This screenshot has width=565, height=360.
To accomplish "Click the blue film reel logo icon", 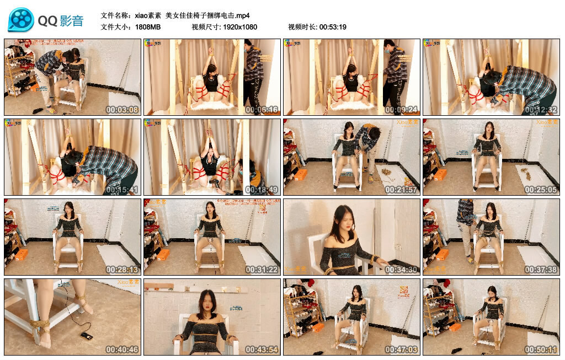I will click(x=20, y=20).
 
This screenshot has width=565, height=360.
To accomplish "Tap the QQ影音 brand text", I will click(x=61, y=21).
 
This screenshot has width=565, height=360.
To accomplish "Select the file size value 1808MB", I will click(x=147, y=27).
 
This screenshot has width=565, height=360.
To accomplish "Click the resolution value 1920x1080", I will click(x=240, y=27).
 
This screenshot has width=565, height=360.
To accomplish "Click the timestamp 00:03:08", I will click(x=122, y=110).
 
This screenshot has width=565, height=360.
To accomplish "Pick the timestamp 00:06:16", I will click(x=262, y=110).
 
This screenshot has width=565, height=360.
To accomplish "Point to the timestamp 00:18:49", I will click(x=262, y=190).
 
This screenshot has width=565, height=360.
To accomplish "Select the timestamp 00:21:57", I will click(x=402, y=190).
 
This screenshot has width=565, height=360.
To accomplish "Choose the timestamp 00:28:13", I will click(x=122, y=270).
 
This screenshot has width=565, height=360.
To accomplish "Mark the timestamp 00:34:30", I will click(x=402, y=270).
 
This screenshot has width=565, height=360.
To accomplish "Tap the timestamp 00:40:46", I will click(x=122, y=350).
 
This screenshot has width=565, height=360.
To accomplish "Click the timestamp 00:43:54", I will click(x=262, y=350).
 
